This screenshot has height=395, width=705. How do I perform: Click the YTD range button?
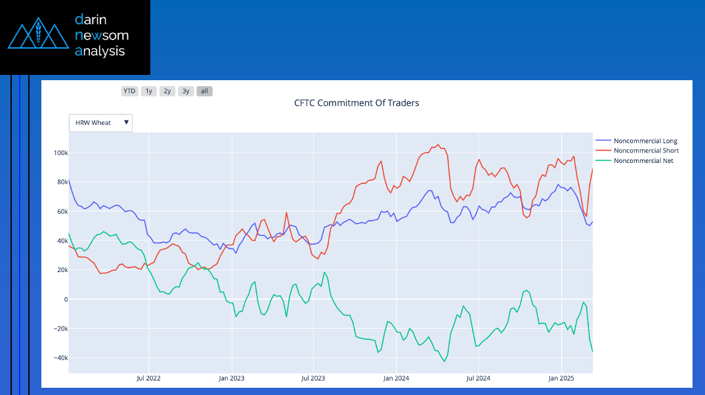point(129,91)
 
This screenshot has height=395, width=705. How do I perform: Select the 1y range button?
point(149,91)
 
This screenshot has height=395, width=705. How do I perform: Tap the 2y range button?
point(167,91)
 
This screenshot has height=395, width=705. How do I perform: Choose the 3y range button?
point(186,91)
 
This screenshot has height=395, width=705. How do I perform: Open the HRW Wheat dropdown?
point(100,123)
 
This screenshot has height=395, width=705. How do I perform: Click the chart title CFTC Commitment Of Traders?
point(356,103)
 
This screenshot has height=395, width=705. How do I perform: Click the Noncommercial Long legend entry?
point(645,141)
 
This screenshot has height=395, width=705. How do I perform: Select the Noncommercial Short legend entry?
point(645,151)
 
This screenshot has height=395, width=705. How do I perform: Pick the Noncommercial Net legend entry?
point(643,161)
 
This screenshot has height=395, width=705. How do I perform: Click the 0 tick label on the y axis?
point(64,299)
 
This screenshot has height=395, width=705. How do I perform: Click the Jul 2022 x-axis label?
point(149,379)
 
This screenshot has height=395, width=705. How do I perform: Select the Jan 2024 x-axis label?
point(396,379)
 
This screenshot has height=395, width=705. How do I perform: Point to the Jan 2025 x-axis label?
point(561,379)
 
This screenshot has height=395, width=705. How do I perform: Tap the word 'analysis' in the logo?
point(100,51)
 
